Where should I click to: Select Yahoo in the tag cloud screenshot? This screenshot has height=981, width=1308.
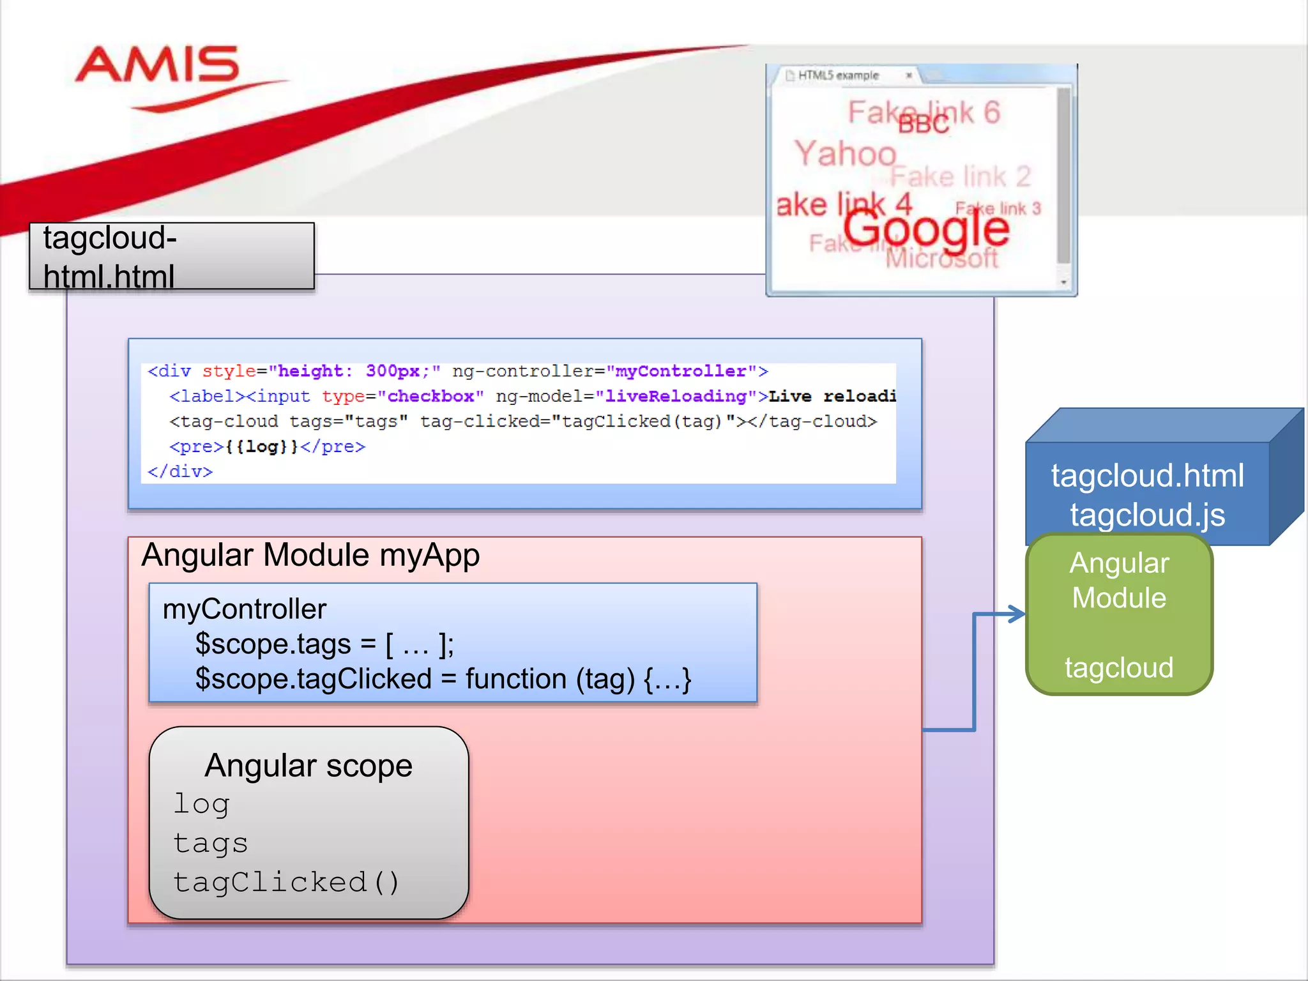pyautogui.click(x=845, y=154)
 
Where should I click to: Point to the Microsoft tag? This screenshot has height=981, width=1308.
pyautogui.click(x=941, y=259)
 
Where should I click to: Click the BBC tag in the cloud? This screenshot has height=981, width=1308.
pyautogui.click(x=924, y=125)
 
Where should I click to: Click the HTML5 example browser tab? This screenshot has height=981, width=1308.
pyautogui.click(x=838, y=75)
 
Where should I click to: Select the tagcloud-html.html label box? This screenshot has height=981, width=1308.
pyautogui.click(x=171, y=256)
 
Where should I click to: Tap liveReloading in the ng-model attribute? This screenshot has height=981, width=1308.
pyautogui.click(x=676, y=397)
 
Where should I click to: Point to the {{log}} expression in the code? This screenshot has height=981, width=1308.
pyautogui.click(x=262, y=446)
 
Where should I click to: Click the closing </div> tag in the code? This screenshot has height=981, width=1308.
pyautogui.click(x=180, y=471)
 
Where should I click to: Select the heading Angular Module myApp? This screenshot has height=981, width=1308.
pyautogui.click(x=310, y=554)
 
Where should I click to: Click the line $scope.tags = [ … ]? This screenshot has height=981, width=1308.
pyautogui.click(x=324, y=644)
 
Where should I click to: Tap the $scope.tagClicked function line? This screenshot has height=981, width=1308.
pyautogui.click(x=443, y=679)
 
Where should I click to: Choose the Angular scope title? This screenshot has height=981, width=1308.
pyautogui.click(x=308, y=765)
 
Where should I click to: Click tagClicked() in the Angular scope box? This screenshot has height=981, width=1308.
pyautogui.click(x=286, y=882)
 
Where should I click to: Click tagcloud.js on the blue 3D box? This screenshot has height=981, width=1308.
pyautogui.click(x=1147, y=515)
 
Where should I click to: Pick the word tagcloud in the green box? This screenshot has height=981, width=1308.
pyautogui.click(x=1119, y=668)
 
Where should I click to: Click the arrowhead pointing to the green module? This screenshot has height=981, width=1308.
pyautogui.click(x=1017, y=614)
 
